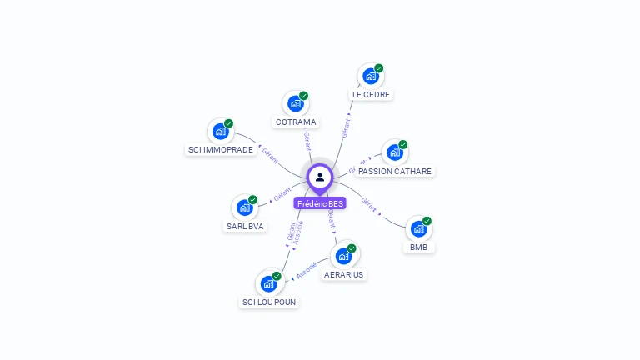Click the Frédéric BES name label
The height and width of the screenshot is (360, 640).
click(320, 203)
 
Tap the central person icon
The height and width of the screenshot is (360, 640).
click(320, 177)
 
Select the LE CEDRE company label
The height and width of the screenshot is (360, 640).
click(371, 94)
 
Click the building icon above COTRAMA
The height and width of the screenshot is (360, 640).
click(294, 104)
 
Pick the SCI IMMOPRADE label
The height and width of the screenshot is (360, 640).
click(220, 150)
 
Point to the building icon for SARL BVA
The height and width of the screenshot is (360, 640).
click(243, 207)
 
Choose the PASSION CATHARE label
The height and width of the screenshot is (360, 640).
click(395, 171)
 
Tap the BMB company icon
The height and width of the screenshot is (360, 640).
click(418, 228)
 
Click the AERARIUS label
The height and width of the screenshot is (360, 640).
click(344, 274)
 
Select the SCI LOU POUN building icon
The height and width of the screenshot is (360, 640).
click(268, 283)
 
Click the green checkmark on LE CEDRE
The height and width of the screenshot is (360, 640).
click(379, 68)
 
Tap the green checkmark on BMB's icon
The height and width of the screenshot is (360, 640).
click(427, 221)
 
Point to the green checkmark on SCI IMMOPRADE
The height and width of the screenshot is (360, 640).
click(228, 123)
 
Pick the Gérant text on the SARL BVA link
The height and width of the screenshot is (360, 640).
click(282, 196)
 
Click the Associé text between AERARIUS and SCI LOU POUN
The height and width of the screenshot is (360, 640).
click(307, 268)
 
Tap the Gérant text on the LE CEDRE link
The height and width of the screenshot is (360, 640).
click(346, 127)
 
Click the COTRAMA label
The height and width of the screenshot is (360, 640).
click(295, 122)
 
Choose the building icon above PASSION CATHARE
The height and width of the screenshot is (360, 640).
click(394, 152)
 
